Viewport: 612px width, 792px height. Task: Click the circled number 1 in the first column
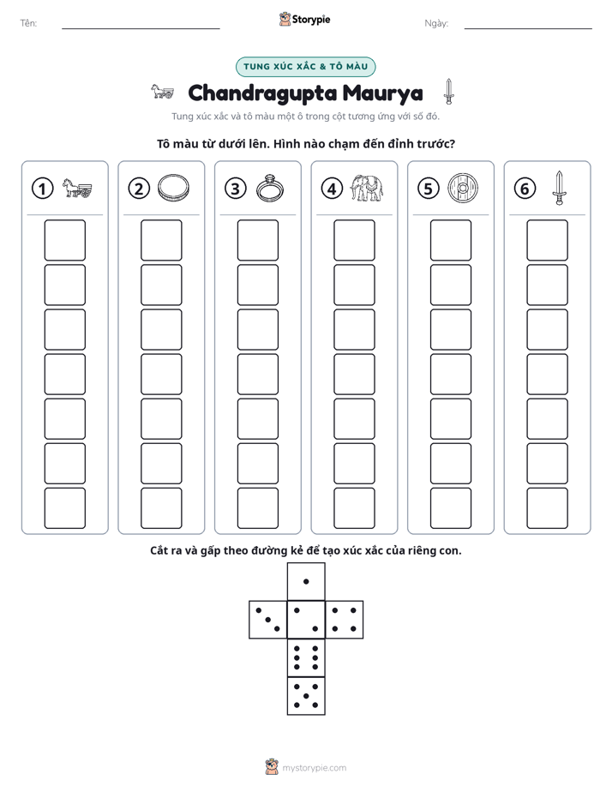coord(42,189)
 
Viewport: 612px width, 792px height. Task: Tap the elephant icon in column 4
coord(367,189)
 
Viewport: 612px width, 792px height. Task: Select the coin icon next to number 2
coord(173,188)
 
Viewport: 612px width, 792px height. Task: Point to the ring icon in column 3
coord(270,189)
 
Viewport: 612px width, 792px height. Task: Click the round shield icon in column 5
coord(463,189)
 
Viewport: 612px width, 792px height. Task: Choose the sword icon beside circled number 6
coord(559,188)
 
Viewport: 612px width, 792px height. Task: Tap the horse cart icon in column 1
coord(77,188)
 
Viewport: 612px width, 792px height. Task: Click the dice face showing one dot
coord(306,581)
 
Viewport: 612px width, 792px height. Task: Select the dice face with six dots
coord(306,657)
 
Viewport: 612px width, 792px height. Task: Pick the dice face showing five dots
coord(306,696)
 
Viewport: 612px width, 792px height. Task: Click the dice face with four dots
coord(345,620)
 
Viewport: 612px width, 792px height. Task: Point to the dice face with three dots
coord(268,620)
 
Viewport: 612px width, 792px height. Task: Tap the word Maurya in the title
coord(383,93)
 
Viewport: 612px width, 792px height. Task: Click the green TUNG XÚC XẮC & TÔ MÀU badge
coord(305,67)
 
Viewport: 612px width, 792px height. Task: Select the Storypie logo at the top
coord(304,19)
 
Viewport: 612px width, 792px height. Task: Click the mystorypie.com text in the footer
coord(314,768)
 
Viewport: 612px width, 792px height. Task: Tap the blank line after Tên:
coord(141,29)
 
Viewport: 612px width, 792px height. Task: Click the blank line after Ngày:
coord(528,29)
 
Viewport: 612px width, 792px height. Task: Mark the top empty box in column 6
coord(547,240)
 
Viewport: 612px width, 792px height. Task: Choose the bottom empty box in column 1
coord(64,508)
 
